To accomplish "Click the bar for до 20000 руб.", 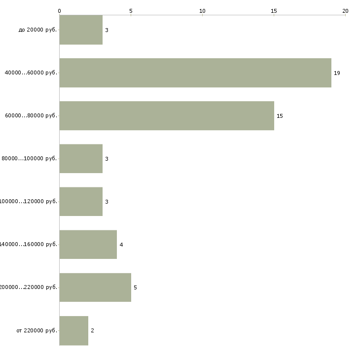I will [x=81, y=30].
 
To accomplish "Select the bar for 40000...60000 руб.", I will [x=195, y=73].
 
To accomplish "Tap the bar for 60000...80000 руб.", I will [x=167, y=116].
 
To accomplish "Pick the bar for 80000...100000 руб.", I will [x=81, y=159].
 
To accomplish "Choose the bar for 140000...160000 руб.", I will [x=88, y=245].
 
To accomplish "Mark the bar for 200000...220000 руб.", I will [x=95, y=288].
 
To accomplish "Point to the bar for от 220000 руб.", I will [x=74, y=330].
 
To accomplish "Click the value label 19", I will [x=337, y=73].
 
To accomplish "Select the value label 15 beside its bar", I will [x=280, y=116].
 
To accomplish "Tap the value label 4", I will [x=121, y=245].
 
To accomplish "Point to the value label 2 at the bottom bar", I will [x=92, y=330].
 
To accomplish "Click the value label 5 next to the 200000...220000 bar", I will [x=135, y=288].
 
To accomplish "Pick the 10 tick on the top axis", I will [x=202, y=10].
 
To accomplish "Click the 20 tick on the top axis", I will [x=345, y=10].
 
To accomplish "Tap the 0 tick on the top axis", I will [x=60, y=10].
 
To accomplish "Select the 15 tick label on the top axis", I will [x=274, y=10].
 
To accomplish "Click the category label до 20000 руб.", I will [x=38, y=30].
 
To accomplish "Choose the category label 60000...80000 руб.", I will [x=31, y=116].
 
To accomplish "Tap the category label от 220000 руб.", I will [x=37, y=330].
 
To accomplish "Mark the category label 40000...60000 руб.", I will [x=31, y=73].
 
